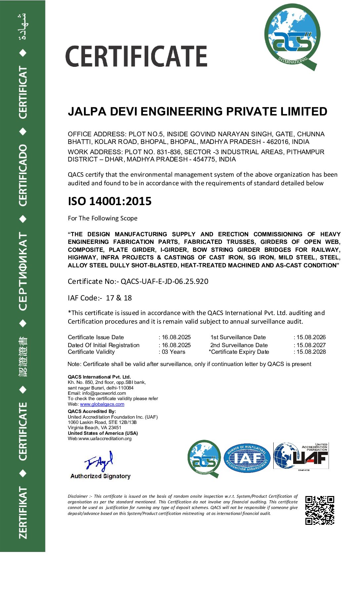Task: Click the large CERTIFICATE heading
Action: [136, 56]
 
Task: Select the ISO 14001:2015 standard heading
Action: [110, 201]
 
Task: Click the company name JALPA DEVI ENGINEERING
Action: [197, 112]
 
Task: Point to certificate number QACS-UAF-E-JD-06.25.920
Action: [164, 282]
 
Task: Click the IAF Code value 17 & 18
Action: [119, 298]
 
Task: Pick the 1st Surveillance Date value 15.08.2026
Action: [311, 337]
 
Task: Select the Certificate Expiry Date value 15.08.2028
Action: [311, 352]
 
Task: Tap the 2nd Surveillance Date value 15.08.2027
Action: [311, 345]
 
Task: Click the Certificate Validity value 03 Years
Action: [173, 352]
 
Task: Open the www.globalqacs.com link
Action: [102, 404]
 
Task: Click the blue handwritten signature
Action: [99, 461]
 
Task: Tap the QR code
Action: [319, 510]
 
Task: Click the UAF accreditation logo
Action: [301, 456]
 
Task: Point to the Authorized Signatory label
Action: [100, 476]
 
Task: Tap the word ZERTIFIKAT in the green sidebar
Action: [22, 512]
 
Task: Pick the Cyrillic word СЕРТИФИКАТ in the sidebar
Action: [22, 271]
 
